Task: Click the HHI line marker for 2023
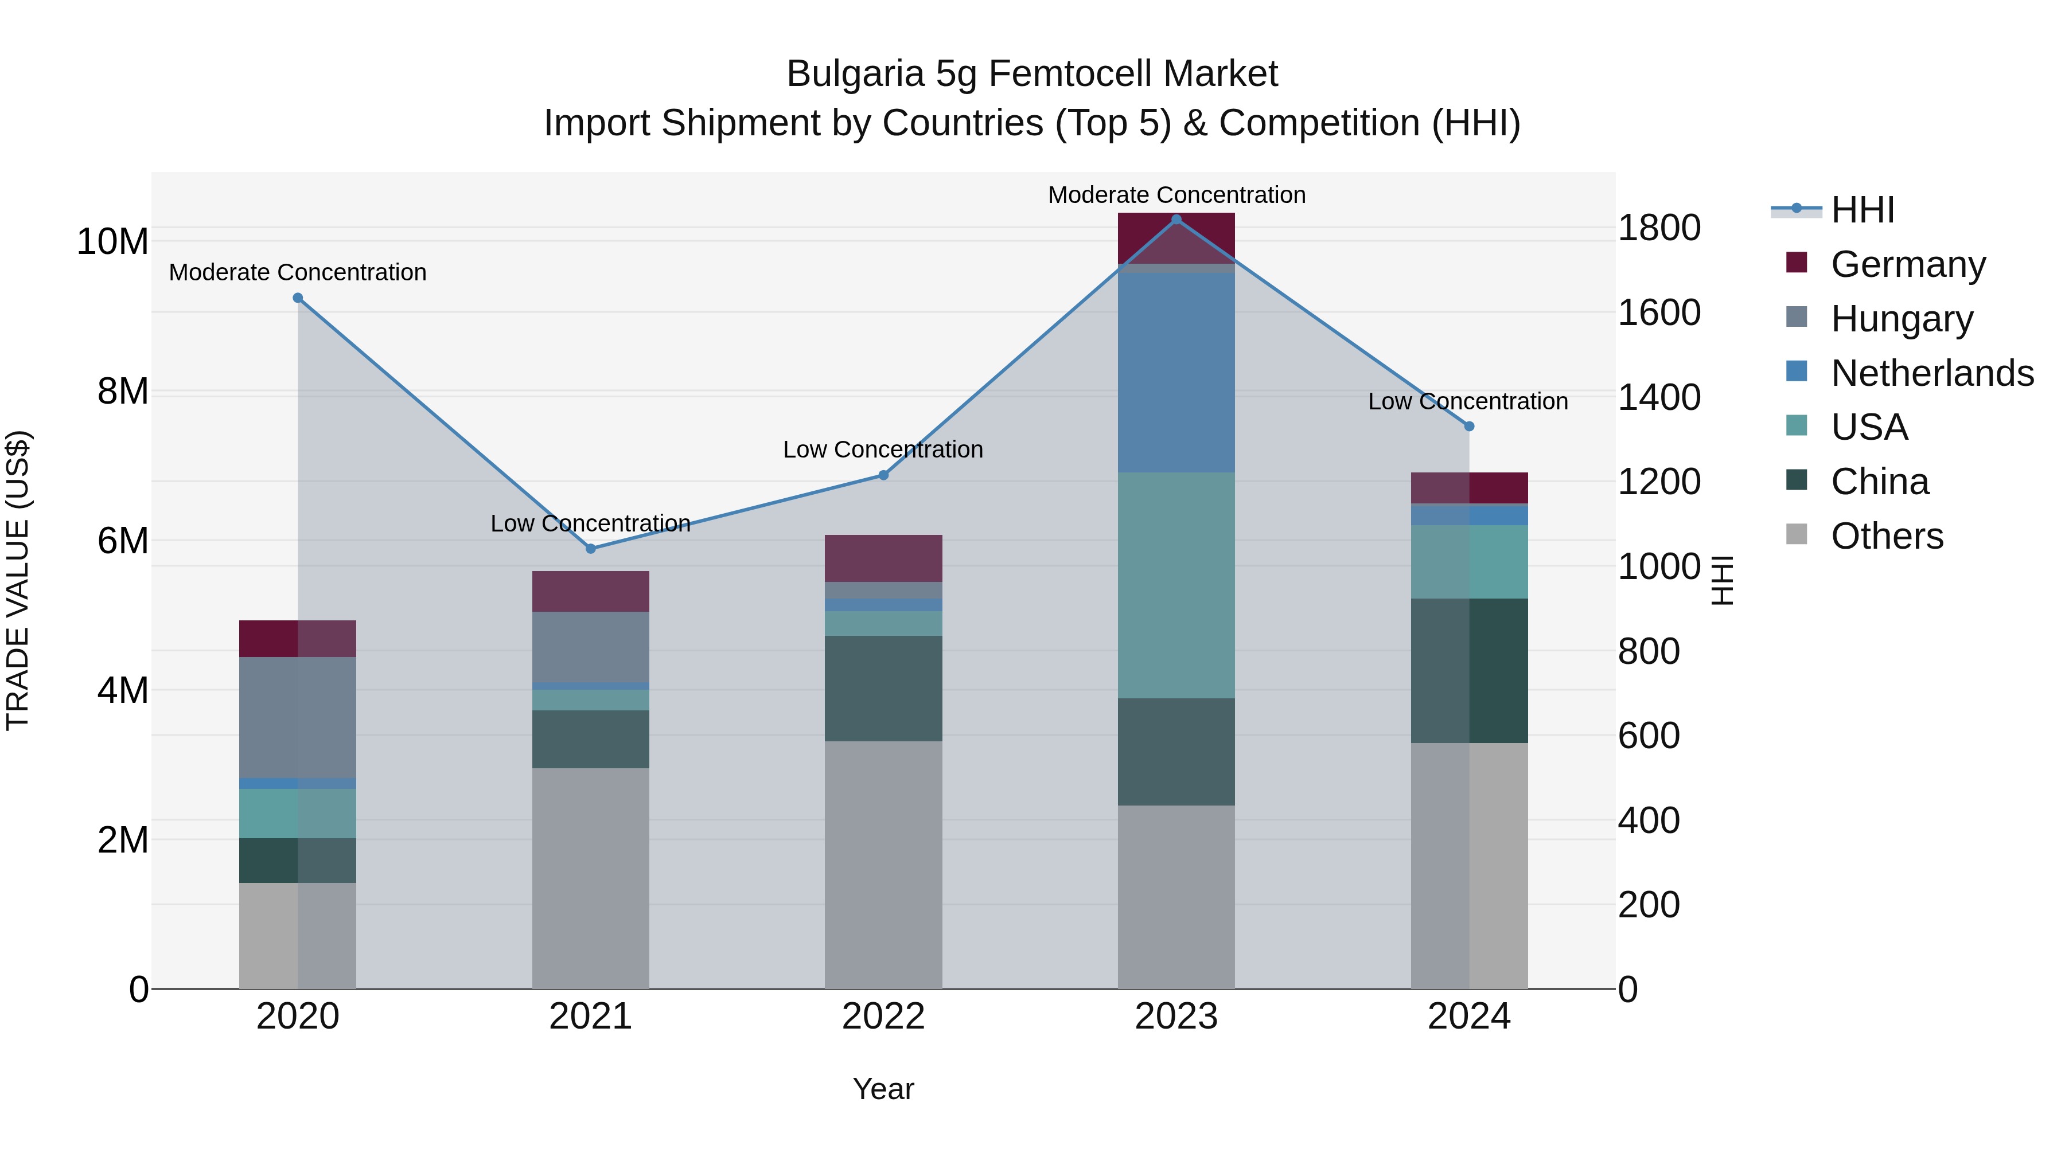[x=1176, y=219]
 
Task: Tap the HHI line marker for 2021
[x=591, y=549]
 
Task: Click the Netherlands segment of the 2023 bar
[x=1176, y=373]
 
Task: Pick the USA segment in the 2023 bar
[x=1176, y=585]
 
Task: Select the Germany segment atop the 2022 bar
[x=883, y=558]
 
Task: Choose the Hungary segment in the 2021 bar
[x=591, y=647]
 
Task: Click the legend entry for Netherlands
[x=1932, y=373]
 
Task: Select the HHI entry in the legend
[x=1862, y=210]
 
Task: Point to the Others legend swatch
[x=1797, y=534]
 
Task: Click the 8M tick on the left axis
[x=123, y=392]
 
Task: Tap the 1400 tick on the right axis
[x=1658, y=397]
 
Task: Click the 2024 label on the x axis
[x=1468, y=1017]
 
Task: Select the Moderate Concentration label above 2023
[x=1176, y=195]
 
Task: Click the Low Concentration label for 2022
[x=883, y=449]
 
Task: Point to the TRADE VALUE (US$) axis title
[x=18, y=580]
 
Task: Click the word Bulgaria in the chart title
[x=855, y=74]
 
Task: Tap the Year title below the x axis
[x=883, y=1089]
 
